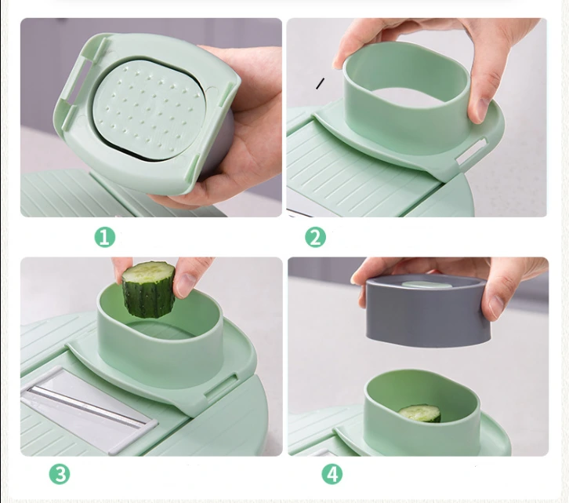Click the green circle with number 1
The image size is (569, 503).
(105, 237)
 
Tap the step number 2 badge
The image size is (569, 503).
(315, 237)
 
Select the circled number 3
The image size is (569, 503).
(60, 474)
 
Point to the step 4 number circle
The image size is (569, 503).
(332, 474)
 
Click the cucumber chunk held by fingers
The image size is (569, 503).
(148, 289)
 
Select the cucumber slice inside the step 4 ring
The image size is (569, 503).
(420, 413)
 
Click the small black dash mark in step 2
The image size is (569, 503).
(320, 83)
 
